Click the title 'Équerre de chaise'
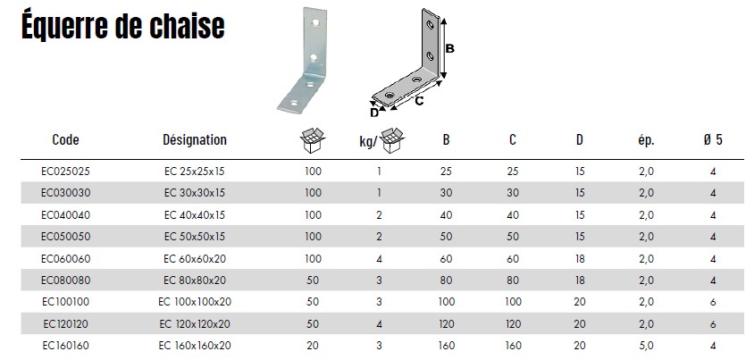point(122,28)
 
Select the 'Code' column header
point(65,140)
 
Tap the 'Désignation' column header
point(194,140)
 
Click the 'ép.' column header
point(647,140)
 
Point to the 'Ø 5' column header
point(713,140)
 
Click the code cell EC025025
point(65,170)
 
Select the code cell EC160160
point(65,344)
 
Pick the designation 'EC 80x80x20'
point(194,279)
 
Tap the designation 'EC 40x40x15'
point(194,213)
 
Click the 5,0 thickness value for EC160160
point(647,344)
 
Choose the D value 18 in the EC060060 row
point(580,257)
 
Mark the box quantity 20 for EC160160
point(313,344)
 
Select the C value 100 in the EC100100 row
point(513,301)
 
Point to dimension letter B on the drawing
point(450,49)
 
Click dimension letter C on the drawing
point(418,102)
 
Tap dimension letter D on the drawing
point(375,113)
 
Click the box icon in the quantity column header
point(313,139)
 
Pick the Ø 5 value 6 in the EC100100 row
point(713,301)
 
